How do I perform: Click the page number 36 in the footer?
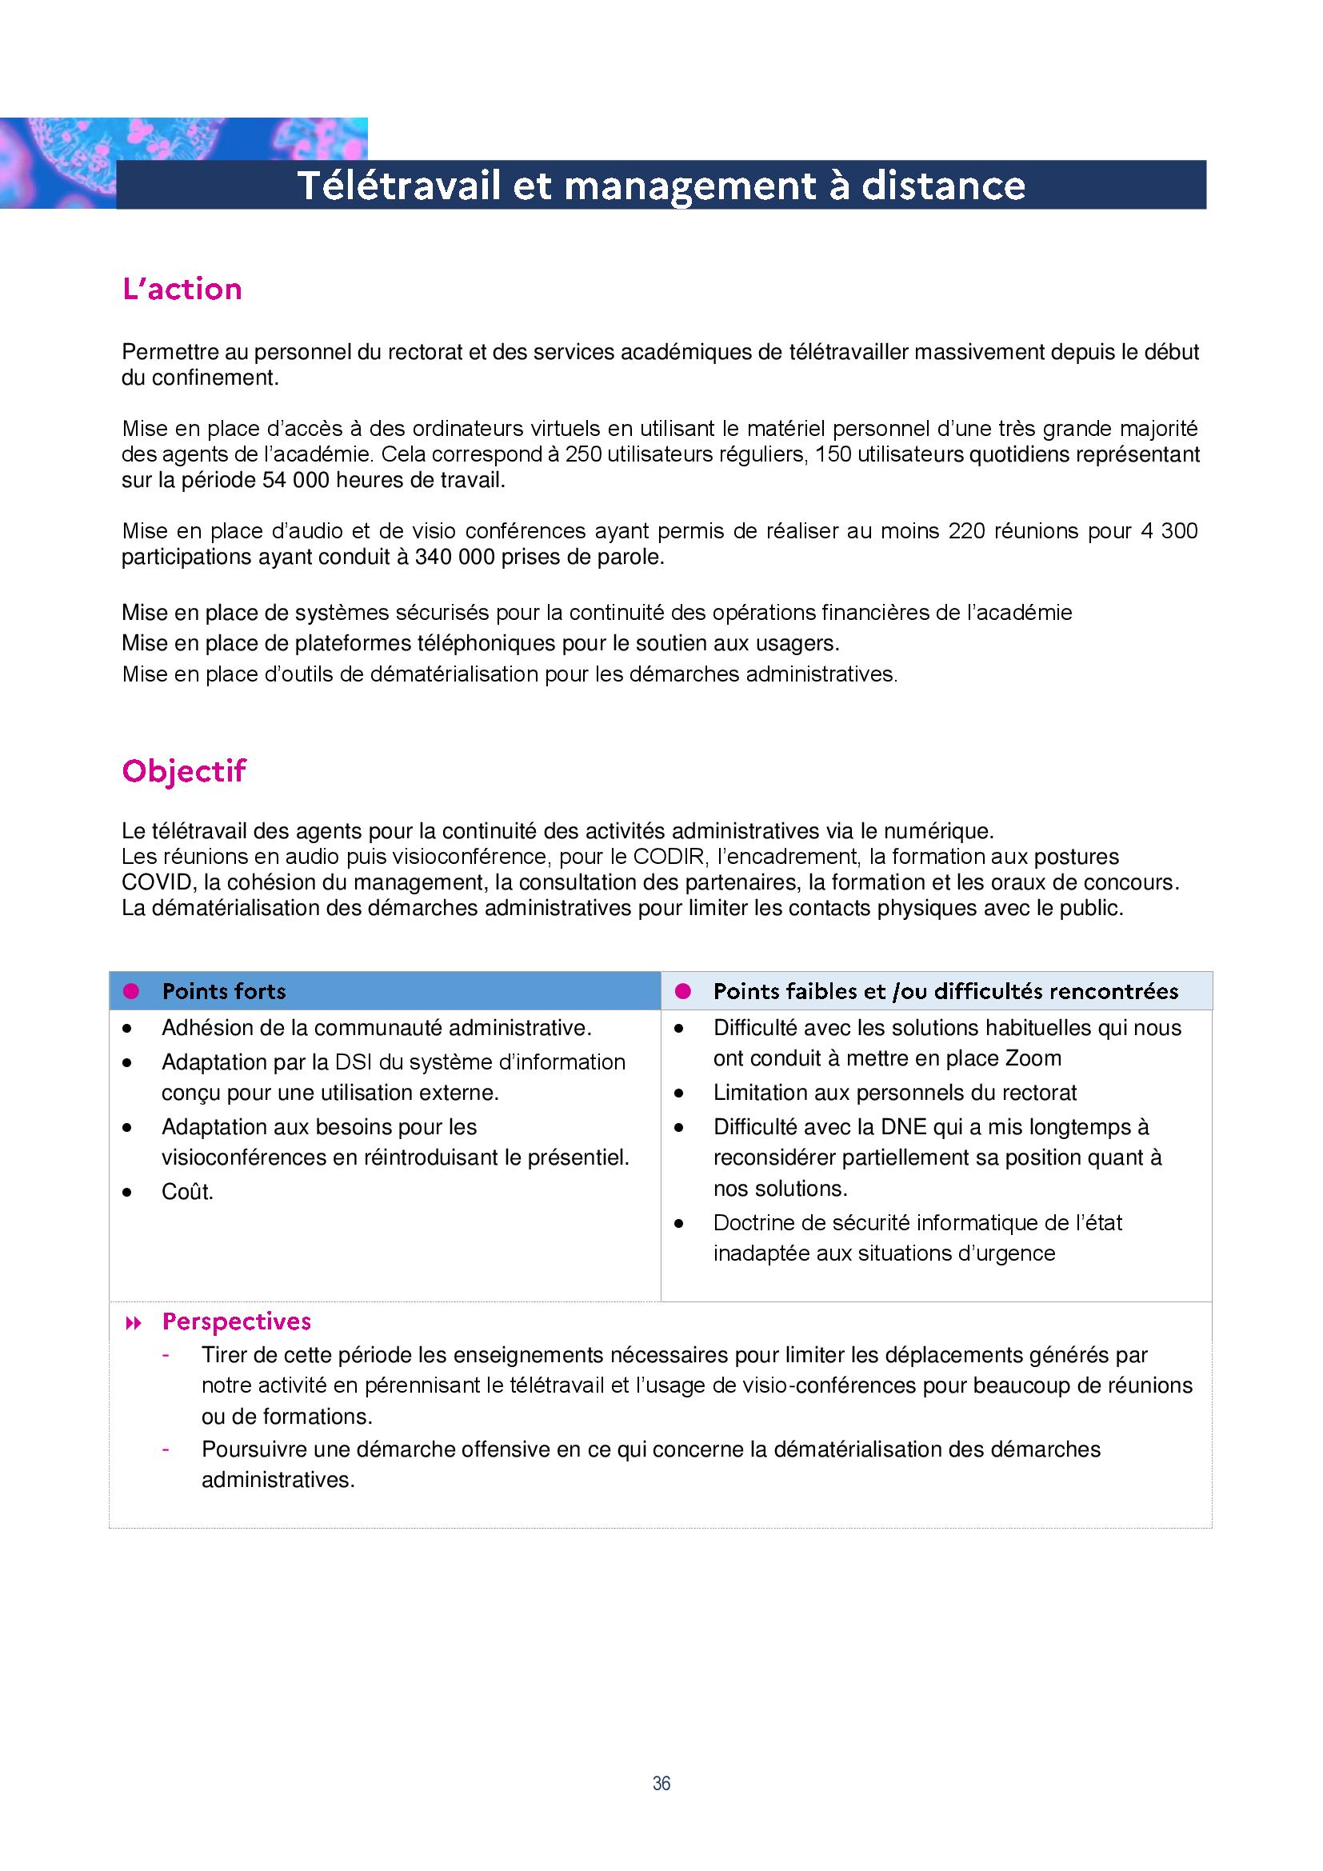pos(661,1783)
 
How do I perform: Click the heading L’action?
pos(182,290)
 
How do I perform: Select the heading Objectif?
pos(183,770)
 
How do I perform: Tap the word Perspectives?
pos(236,1321)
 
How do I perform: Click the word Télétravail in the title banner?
pos(398,186)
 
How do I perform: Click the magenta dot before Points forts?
pos(130,991)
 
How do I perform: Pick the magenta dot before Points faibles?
pos(682,991)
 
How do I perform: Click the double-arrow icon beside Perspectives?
pos(133,1323)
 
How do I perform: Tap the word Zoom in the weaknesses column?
pos(1033,1058)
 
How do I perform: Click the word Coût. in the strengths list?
pos(187,1191)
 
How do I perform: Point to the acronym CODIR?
pos(660,857)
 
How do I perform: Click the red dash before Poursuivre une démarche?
pos(166,1449)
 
